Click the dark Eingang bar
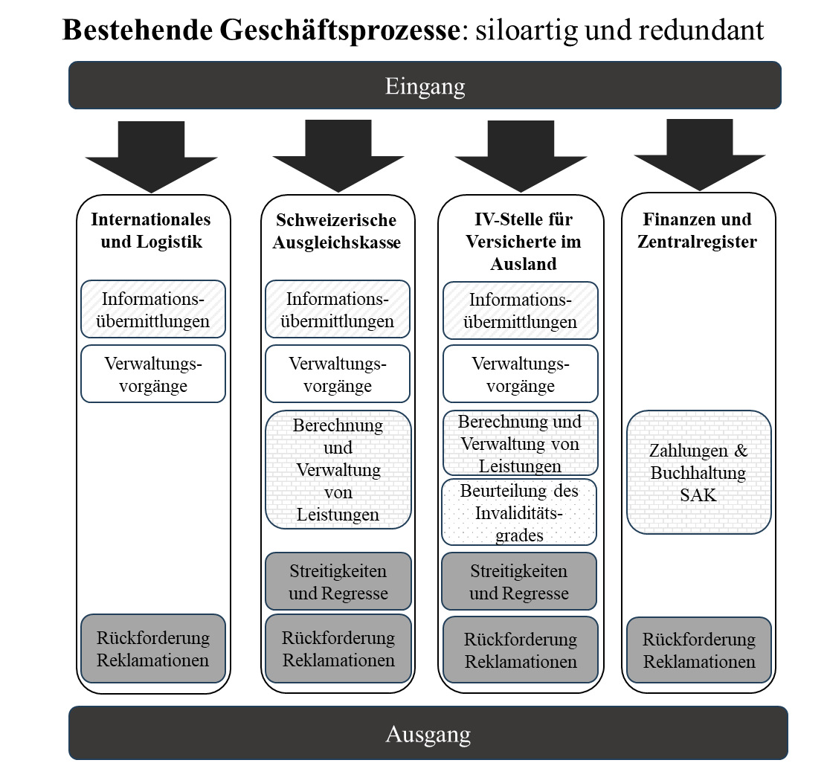click(x=425, y=86)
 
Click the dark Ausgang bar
click(x=428, y=733)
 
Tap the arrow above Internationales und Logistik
click(x=152, y=157)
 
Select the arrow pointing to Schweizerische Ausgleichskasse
click(x=338, y=156)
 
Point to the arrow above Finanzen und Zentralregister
click(x=699, y=155)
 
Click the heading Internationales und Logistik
click(x=151, y=231)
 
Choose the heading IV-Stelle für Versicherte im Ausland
click(x=524, y=242)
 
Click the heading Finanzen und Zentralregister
click(x=698, y=231)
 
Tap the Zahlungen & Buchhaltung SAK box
click(x=699, y=472)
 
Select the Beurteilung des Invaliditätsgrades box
click(x=519, y=512)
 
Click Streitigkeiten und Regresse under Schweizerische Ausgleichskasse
click(x=338, y=581)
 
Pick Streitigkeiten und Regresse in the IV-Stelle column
click(x=519, y=581)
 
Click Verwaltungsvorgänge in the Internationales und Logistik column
click(x=153, y=374)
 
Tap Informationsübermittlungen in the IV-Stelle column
click(x=521, y=311)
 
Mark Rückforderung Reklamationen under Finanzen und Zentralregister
click(x=699, y=650)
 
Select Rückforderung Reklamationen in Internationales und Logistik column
click(x=153, y=648)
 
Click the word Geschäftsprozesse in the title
click(x=340, y=30)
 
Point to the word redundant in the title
click(x=701, y=30)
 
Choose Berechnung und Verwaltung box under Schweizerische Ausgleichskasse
click(x=338, y=470)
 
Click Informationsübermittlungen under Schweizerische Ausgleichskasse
click(x=338, y=309)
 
